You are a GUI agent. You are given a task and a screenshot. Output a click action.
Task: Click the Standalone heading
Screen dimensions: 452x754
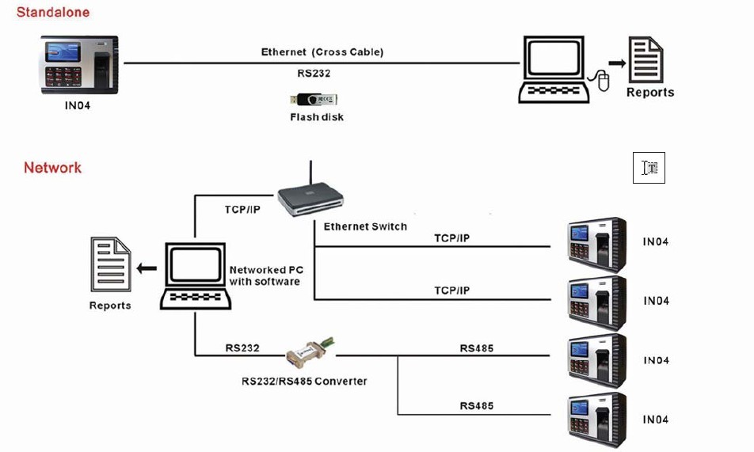click(x=53, y=13)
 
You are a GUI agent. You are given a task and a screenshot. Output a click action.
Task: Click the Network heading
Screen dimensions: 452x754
click(x=52, y=168)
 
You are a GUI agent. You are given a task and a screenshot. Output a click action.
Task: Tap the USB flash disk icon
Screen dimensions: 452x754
click(x=314, y=100)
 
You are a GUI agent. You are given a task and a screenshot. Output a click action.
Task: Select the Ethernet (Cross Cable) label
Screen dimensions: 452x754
click(x=322, y=52)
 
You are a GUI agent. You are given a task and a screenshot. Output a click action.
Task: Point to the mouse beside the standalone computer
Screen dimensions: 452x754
click(x=603, y=81)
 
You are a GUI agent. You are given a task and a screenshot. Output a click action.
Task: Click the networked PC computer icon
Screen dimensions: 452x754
click(x=196, y=276)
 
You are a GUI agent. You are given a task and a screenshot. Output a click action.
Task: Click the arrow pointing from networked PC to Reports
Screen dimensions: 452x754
click(x=147, y=268)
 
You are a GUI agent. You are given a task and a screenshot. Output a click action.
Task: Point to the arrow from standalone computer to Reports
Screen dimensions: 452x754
click(x=615, y=63)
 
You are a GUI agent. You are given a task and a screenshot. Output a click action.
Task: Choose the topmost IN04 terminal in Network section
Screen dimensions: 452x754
click(x=596, y=243)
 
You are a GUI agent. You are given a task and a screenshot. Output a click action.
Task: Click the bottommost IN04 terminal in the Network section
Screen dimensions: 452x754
click(x=596, y=420)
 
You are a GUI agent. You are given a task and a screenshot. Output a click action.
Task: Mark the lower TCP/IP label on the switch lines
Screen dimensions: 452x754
click(x=451, y=291)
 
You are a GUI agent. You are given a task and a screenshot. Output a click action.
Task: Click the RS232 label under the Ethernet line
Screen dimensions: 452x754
click(x=314, y=73)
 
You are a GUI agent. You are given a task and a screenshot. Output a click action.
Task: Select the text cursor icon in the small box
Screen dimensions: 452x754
click(x=649, y=168)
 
